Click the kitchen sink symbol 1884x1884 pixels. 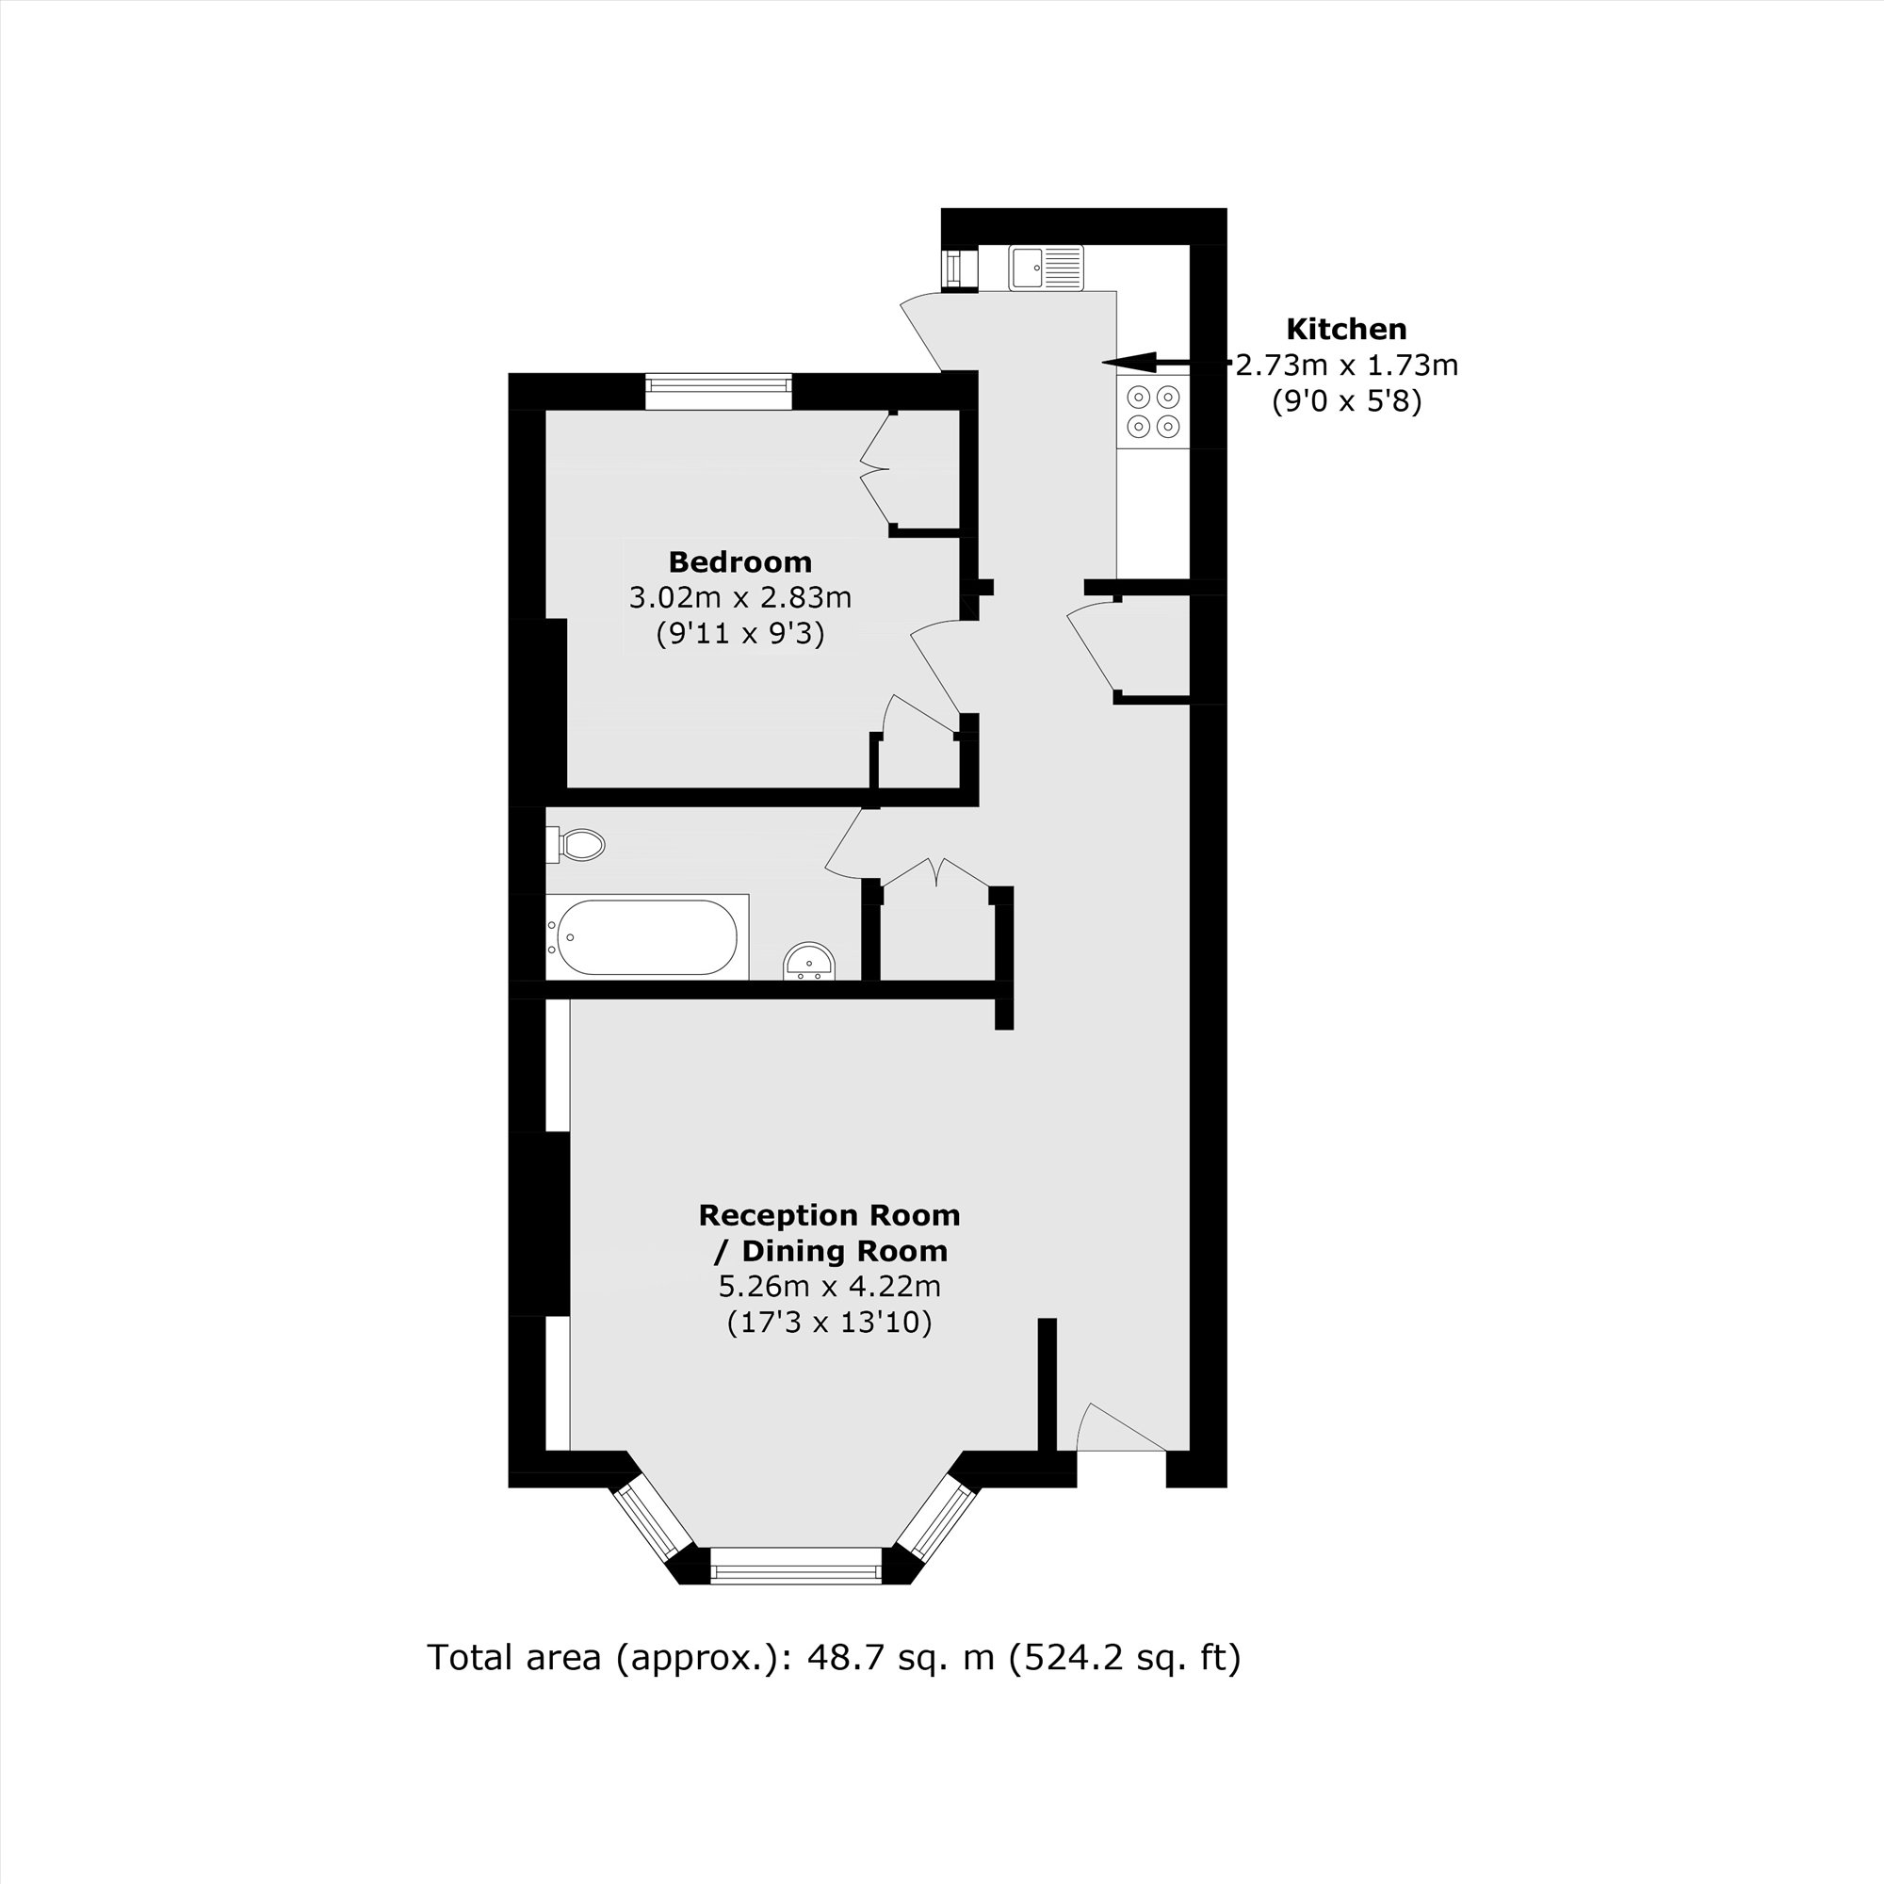pyautogui.click(x=1046, y=267)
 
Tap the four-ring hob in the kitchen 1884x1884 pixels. pyautogui.click(x=1154, y=412)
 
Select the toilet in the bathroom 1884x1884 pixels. pyautogui.click(x=579, y=844)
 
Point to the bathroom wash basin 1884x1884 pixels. pyautogui.click(x=808, y=962)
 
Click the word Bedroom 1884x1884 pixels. pyautogui.click(x=740, y=561)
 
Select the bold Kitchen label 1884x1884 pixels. pyautogui.click(x=1346, y=329)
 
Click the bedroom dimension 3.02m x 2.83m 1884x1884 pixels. pyautogui.click(x=740, y=597)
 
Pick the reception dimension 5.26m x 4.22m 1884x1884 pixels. pyautogui.click(x=829, y=1286)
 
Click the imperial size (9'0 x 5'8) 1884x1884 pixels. pyautogui.click(x=1346, y=400)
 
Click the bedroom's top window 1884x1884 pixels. pyautogui.click(x=718, y=391)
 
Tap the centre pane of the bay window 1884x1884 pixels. pyautogui.click(x=796, y=1572)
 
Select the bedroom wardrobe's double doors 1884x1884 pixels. pyautogui.click(x=875, y=469)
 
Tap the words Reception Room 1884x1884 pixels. pyautogui.click(x=829, y=1215)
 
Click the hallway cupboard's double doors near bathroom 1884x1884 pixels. pyautogui.click(x=936, y=871)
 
